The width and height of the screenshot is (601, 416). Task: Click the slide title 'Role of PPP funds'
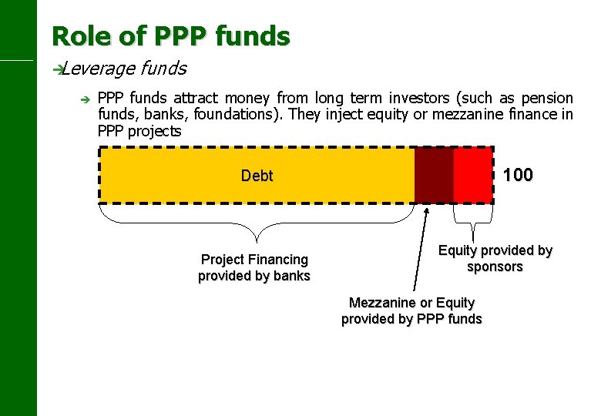(170, 35)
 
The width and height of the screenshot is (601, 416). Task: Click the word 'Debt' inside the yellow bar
(257, 176)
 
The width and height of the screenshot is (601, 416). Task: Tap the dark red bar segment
(434, 175)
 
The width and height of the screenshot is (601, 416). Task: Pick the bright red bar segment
(472, 175)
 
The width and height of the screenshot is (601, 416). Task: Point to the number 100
(517, 175)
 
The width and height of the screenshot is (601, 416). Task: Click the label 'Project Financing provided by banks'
(253, 267)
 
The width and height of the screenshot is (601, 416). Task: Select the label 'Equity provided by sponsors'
(495, 258)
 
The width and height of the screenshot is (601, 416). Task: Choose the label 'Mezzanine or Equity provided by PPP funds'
(411, 310)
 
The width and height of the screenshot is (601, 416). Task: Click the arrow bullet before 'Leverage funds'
(56, 69)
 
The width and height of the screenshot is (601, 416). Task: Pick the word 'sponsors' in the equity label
(495, 267)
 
